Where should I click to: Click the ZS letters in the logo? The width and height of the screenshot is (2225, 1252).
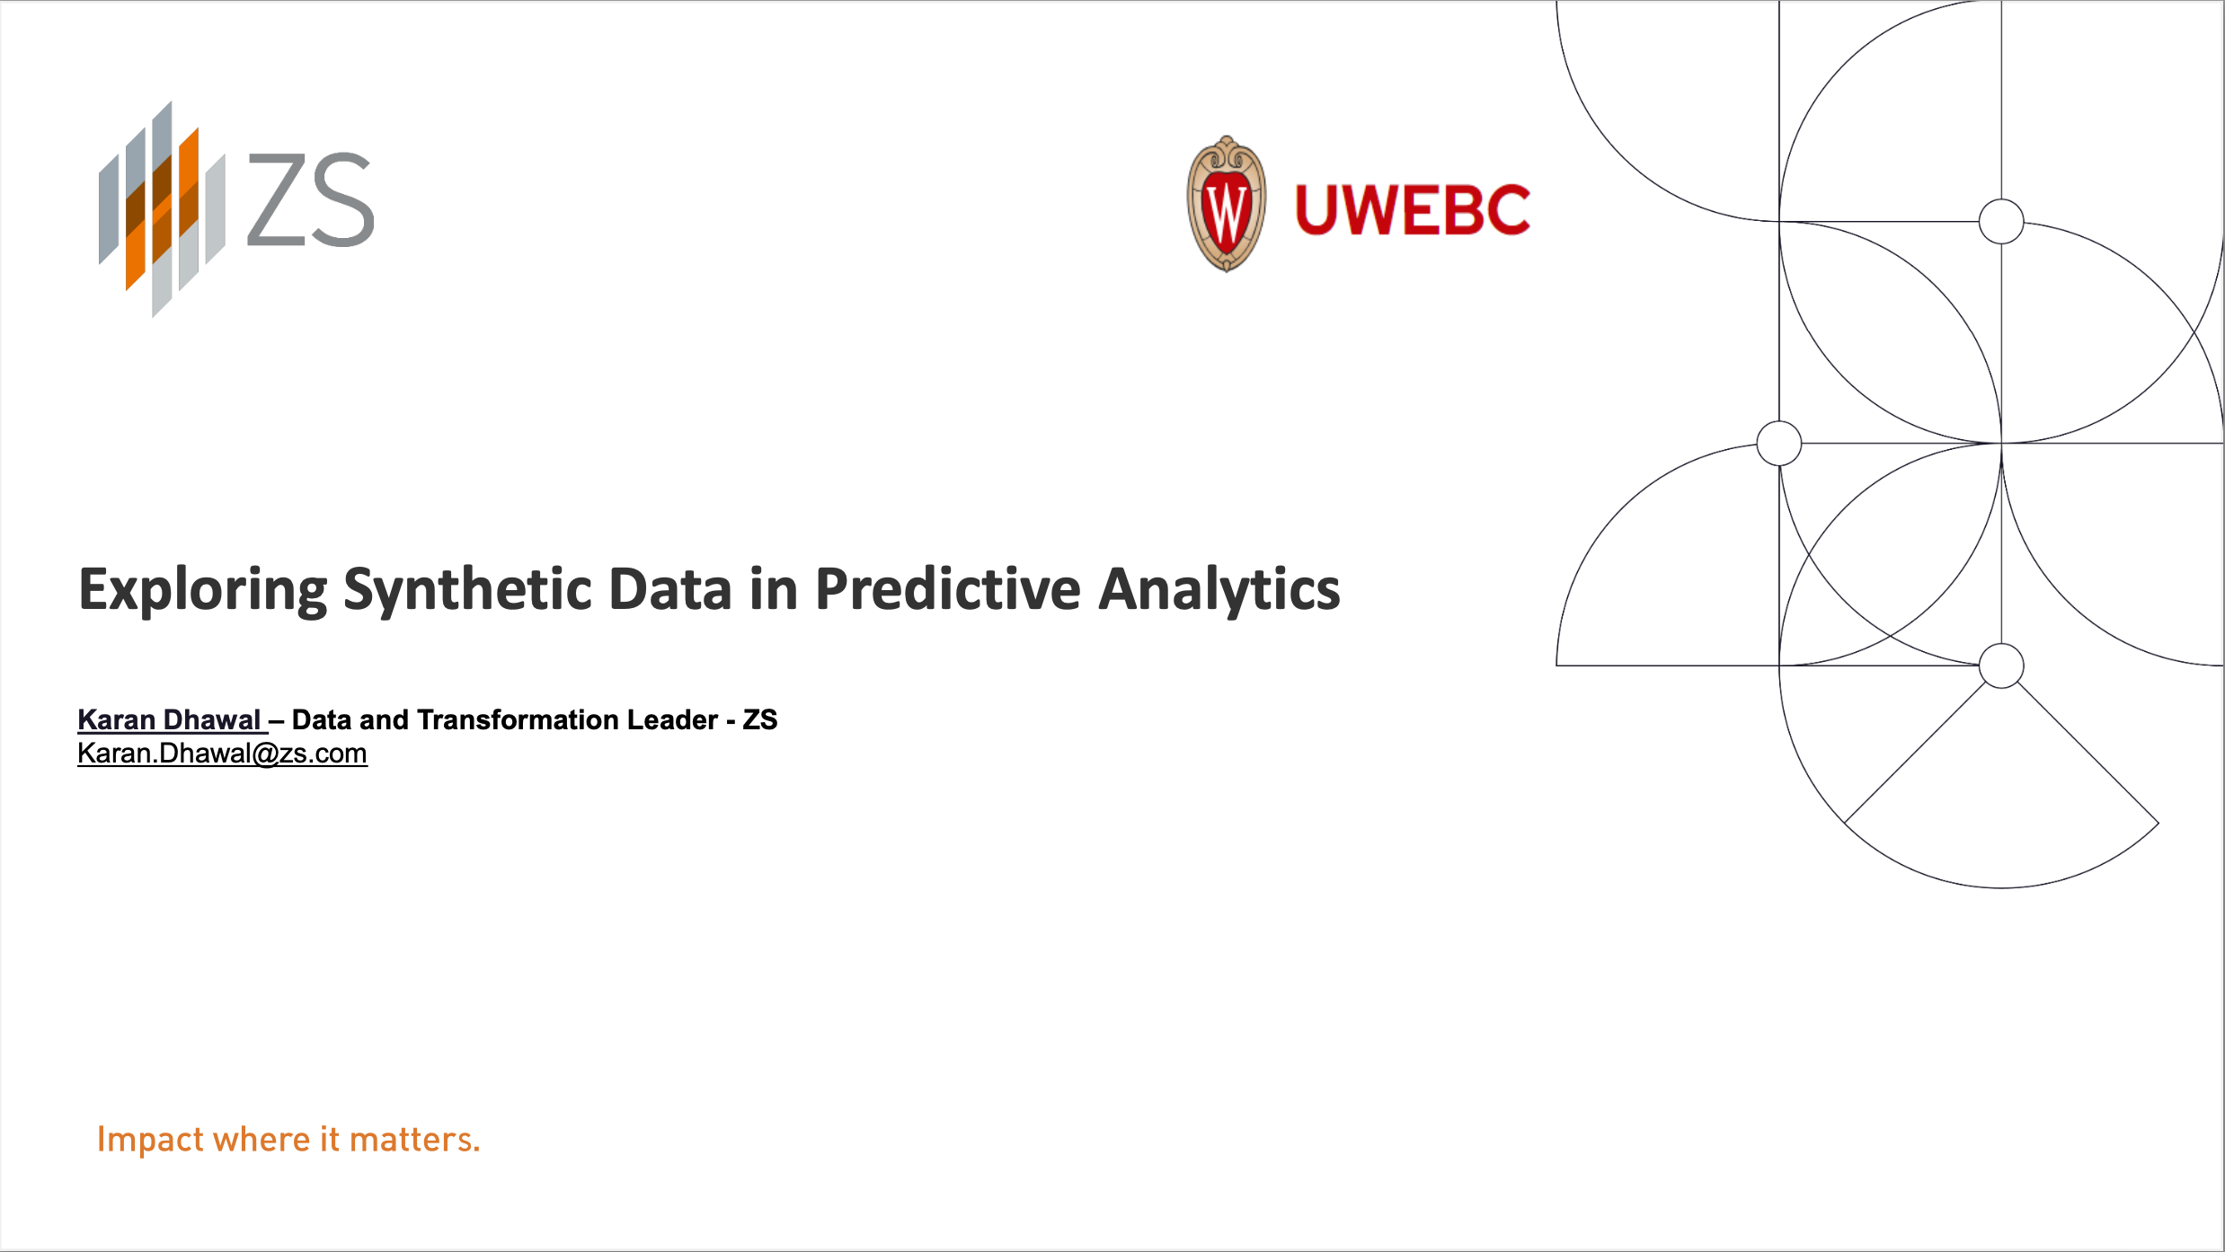[310, 199]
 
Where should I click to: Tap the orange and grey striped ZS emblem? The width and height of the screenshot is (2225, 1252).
[162, 209]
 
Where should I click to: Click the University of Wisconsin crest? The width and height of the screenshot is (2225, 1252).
[1227, 204]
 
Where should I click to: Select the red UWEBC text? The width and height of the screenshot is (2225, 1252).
[1413, 210]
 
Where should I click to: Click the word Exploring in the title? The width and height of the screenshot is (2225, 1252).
[203, 590]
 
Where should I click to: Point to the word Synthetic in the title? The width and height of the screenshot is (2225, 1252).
[467, 590]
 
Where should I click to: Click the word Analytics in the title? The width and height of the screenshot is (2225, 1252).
[1219, 590]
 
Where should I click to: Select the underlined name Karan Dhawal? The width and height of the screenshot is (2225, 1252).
[170, 719]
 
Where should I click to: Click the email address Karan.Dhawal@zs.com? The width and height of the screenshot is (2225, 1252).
[222, 754]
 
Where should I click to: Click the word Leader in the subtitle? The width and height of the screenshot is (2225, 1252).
[672, 719]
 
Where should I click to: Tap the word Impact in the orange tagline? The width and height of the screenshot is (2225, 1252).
[150, 1140]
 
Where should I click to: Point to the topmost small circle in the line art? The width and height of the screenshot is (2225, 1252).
[2001, 221]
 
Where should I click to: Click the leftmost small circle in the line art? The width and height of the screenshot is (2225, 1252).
[1779, 444]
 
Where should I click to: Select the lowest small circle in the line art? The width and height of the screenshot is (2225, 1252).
[2001, 666]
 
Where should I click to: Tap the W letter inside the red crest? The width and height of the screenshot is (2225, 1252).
[1227, 213]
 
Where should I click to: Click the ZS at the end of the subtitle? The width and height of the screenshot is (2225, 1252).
[760, 719]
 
